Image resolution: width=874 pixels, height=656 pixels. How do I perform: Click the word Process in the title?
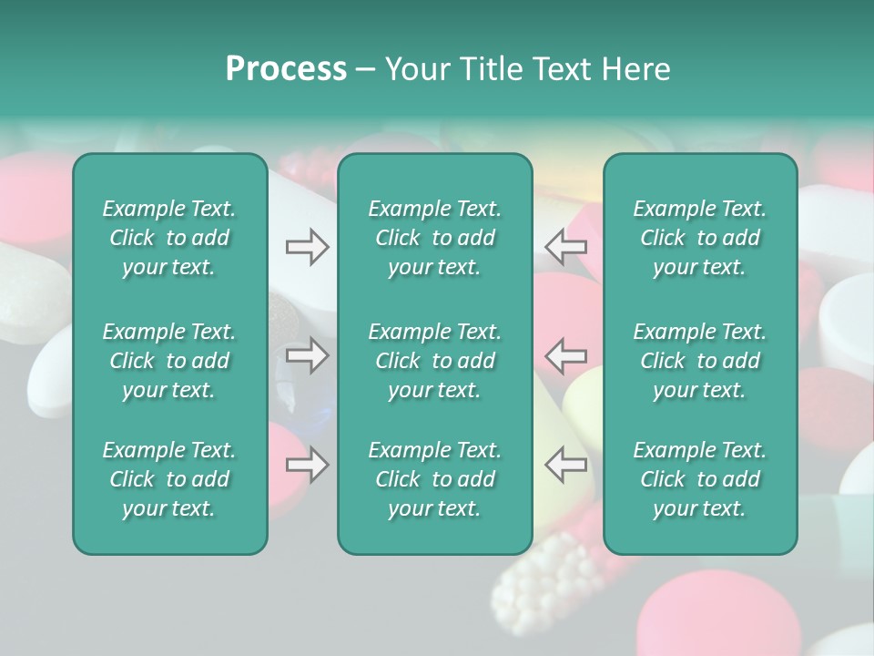tap(286, 68)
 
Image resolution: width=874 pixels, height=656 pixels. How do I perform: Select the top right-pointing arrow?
tap(308, 247)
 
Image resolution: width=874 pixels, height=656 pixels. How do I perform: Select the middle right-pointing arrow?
tap(308, 355)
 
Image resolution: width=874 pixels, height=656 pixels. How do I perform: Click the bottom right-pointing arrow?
tap(308, 465)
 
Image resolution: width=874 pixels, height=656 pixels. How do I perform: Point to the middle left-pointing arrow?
tap(565, 355)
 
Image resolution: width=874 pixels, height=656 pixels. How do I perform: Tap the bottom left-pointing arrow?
tap(565, 465)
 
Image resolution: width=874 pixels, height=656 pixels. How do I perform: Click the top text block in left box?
tap(169, 238)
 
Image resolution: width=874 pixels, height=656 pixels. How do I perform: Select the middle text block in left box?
tap(169, 361)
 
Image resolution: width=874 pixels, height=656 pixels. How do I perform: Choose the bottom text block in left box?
tap(169, 479)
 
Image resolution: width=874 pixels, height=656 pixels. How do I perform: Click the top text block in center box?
tap(434, 238)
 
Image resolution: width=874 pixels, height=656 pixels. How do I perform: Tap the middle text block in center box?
tap(434, 361)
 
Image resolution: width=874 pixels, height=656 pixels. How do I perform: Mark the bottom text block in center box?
tap(434, 479)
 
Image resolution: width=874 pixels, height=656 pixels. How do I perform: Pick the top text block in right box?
tap(699, 238)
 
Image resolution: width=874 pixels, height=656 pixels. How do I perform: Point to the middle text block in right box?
tap(699, 361)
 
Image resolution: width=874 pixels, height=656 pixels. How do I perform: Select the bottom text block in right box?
tap(699, 479)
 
